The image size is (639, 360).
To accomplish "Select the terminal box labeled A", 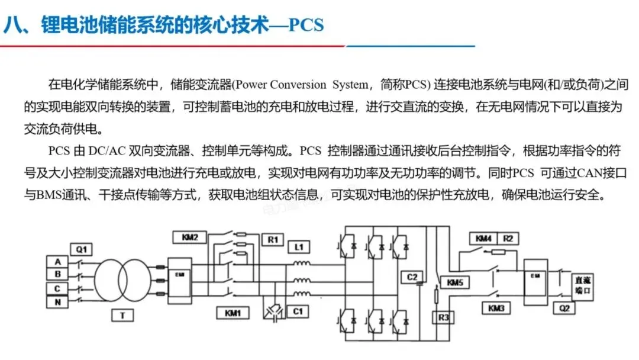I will tap(57, 262).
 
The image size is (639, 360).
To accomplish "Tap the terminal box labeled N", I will tap(57, 302).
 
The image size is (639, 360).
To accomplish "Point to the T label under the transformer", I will tap(122, 316).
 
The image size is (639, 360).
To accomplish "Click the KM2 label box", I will tap(189, 238).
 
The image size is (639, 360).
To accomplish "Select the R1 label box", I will tap(272, 240).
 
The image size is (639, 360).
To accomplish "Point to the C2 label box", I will tap(412, 277).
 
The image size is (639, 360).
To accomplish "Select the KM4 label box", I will tap(484, 239).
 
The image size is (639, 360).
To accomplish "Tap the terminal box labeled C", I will tap(57, 288).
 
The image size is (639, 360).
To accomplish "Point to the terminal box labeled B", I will tap(57, 275).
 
